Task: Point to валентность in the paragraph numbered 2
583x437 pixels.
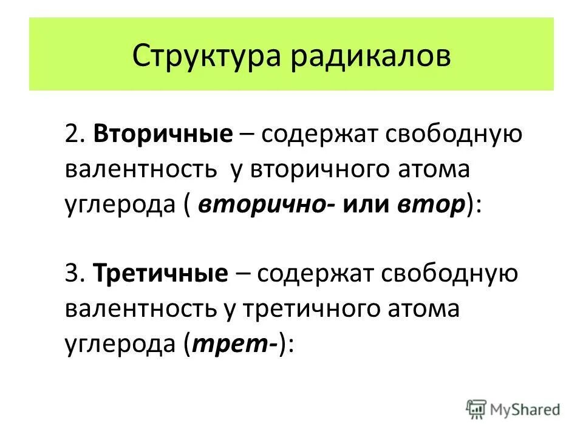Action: [x=142, y=169]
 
